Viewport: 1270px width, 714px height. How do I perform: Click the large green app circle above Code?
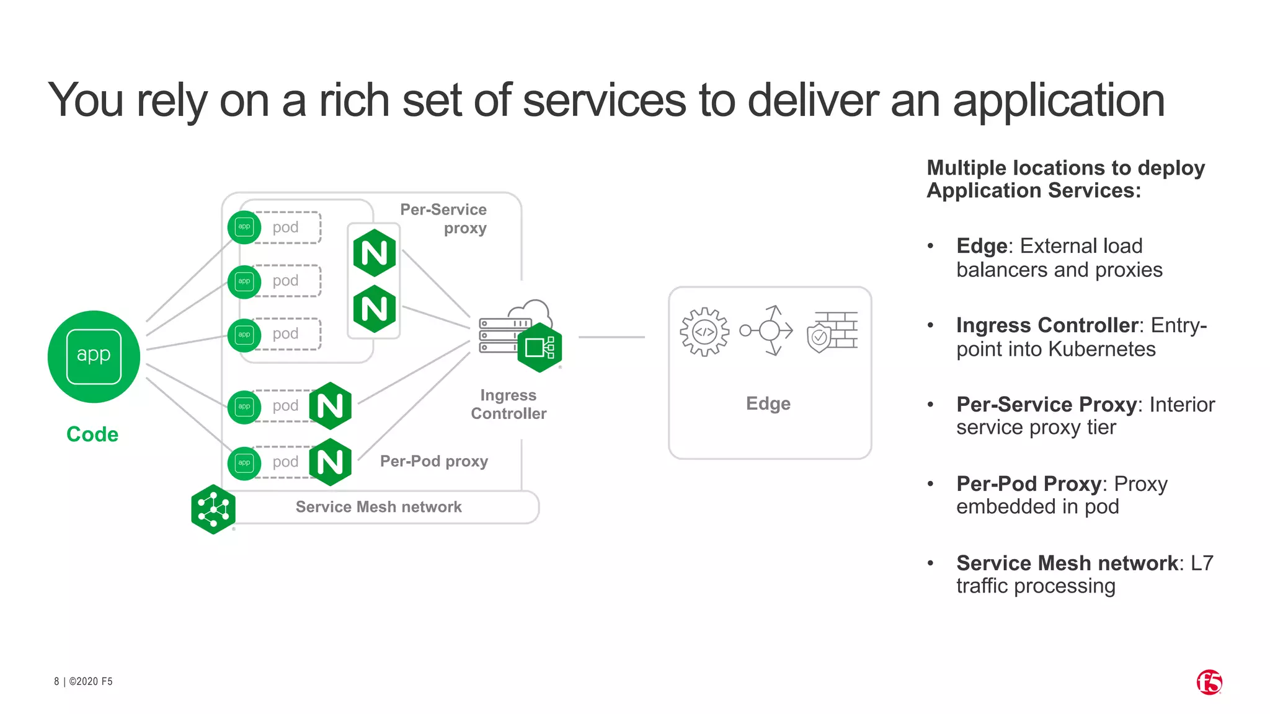coord(94,356)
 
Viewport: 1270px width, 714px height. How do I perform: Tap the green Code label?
coord(92,434)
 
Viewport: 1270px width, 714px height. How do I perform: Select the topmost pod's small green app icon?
coord(244,227)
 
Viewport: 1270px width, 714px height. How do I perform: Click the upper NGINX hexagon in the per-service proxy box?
coord(374,253)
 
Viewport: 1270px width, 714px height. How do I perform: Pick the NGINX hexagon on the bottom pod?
coord(331,462)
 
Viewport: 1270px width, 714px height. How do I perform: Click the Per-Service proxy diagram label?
coord(443,219)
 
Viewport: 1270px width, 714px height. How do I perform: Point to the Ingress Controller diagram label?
coord(508,404)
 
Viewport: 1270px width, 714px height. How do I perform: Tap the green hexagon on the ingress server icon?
coord(540,348)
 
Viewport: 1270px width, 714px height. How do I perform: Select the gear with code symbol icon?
coord(704,332)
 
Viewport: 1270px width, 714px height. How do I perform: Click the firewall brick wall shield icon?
coord(833,332)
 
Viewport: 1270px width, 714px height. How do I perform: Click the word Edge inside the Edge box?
coord(768,403)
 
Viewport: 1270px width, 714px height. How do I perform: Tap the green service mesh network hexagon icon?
coord(213,509)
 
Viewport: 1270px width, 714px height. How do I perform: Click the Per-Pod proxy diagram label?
coord(434,461)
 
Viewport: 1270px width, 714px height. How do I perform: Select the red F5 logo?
coord(1209,682)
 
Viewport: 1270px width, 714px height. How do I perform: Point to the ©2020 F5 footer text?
coord(91,681)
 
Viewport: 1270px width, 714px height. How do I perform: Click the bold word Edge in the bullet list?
coord(982,246)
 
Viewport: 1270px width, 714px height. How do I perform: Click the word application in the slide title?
coord(1059,100)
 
